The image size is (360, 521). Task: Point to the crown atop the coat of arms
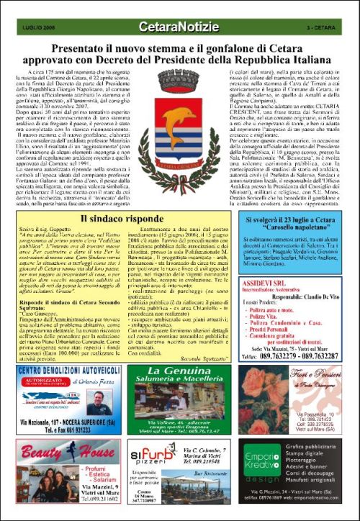(179, 93)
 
